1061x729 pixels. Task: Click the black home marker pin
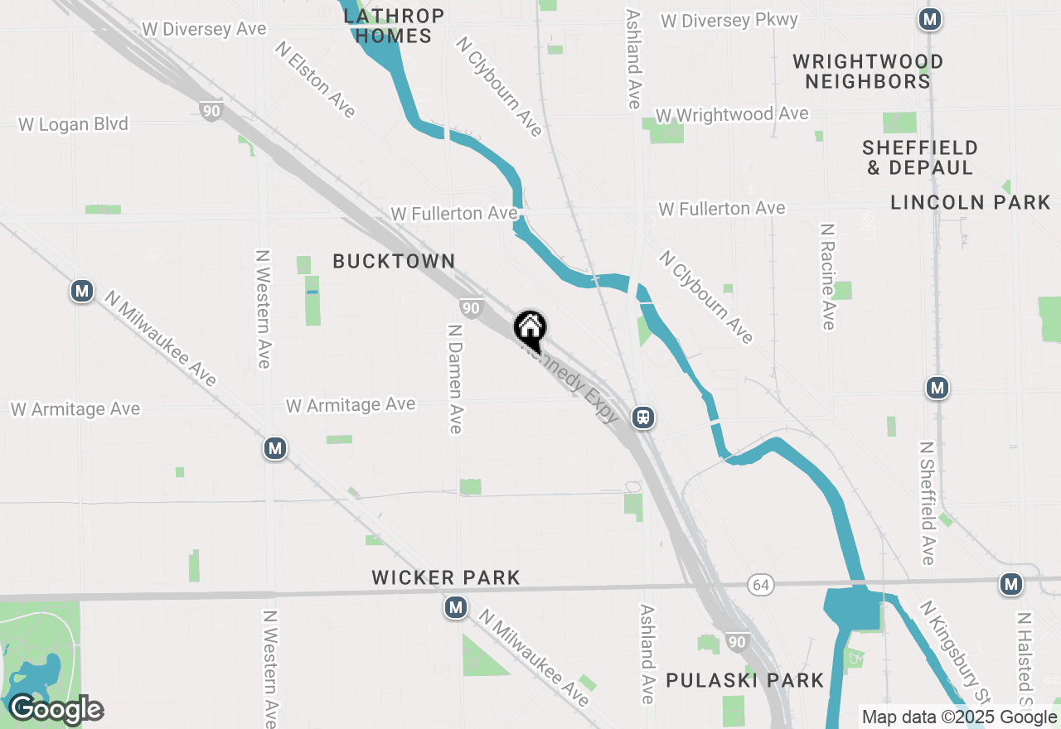coord(530,330)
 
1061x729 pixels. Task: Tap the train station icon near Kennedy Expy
coord(643,418)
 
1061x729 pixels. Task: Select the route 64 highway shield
coord(760,585)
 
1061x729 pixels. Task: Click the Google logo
coord(56,710)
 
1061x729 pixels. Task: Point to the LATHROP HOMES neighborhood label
coord(394,26)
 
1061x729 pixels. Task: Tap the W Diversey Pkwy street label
coord(729,21)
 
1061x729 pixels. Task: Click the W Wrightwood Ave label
coord(731,114)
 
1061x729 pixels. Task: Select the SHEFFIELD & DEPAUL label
coord(919,157)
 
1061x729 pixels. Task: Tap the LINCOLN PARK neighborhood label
coord(970,202)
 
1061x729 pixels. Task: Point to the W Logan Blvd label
coord(74,124)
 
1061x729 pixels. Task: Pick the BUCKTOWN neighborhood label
coord(394,262)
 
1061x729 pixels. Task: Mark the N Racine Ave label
coord(826,276)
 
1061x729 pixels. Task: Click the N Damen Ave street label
coord(454,378)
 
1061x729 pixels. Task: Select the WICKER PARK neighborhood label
coord(446,578)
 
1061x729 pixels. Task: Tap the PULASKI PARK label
coord(745,681)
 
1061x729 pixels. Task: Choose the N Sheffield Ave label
coord(926,503)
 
